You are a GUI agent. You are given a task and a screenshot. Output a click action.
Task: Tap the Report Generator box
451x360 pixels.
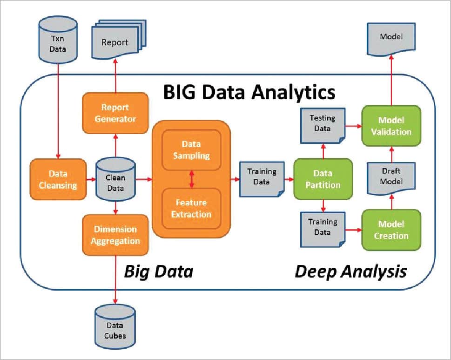point(115,112)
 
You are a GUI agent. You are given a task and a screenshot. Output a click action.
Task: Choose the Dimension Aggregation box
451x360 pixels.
point(115,235)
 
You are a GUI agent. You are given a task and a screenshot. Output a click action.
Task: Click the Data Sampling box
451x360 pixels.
point(191,149)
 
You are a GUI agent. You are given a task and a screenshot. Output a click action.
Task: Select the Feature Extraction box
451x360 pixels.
point(191,208)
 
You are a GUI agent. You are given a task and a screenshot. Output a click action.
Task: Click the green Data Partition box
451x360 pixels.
point(323,179)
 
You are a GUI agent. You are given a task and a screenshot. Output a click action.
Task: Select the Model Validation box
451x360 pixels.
point(391,126)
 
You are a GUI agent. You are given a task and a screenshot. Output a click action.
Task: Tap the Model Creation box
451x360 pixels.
point(391,230)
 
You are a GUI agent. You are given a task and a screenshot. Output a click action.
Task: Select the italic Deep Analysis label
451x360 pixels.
point(350,271)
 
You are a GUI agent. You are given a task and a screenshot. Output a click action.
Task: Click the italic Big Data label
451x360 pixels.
point(158,271)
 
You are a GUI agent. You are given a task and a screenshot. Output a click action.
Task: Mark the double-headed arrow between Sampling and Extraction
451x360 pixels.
point(191,179)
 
